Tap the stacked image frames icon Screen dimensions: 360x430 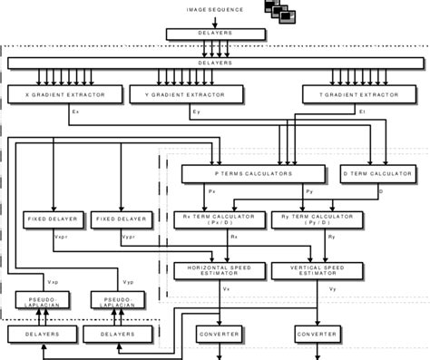tap(281, 11)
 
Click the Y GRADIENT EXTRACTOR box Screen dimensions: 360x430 tap(185, 94)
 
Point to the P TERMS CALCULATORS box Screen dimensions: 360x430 tap(252, 173)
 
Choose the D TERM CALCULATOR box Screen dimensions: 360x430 tap(377, 173)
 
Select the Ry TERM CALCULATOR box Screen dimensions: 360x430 tap(317, 219)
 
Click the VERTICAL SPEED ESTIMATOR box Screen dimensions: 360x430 tap(317, 270)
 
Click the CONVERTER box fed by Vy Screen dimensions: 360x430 tap(317, 335)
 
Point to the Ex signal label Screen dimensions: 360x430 tap(74, 112)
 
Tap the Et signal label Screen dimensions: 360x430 tap(361, 112)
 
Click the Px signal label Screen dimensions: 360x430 tap(211, 192)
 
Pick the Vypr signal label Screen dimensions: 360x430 tap(128, 238)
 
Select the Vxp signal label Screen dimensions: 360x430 tap(53, 282)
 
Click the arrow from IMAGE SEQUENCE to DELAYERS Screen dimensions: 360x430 tap(214, 20)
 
